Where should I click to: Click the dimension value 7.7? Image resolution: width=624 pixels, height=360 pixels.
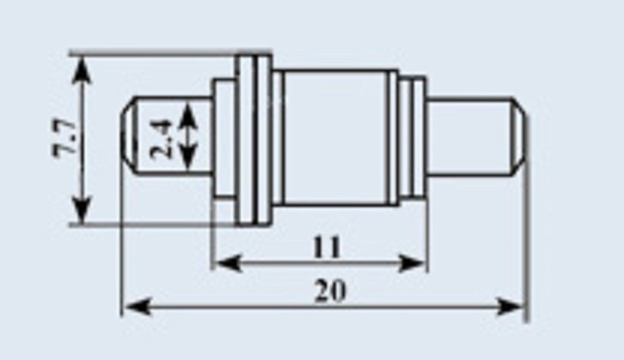click(64, 137)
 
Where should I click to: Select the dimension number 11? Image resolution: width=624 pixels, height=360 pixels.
click(326, 247)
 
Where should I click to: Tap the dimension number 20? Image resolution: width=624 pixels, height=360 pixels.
click(330, 291)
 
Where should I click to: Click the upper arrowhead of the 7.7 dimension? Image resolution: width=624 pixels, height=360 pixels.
click(81, 70)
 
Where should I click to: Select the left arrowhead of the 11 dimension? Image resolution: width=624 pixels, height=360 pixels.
click(228, 263)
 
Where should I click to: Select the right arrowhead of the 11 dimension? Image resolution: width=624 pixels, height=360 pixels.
click(412, 263)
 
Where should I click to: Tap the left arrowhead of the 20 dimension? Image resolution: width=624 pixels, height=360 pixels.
click(138, 307)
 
